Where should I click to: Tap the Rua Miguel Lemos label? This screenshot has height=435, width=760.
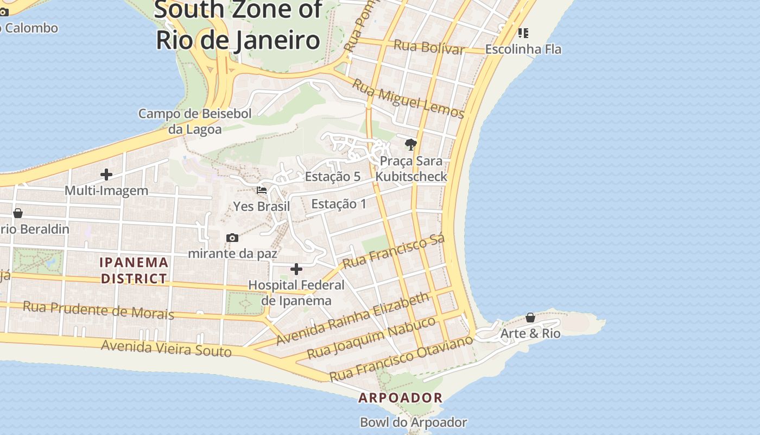pos(408,98)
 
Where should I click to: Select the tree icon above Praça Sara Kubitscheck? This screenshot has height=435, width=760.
pos(411,145)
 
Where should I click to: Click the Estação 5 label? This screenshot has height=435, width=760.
pos(333,176)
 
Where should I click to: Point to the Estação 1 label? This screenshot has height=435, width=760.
pos(339,204)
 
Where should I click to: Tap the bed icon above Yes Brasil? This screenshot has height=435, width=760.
pos(262,190)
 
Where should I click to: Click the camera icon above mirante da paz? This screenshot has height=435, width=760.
pos(232,238)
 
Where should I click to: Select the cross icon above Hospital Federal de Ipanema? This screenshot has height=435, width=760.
pos(296,269)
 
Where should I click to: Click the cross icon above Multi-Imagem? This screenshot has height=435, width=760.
pos(106,175)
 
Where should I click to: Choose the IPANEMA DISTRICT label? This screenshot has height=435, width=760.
pos(134,270)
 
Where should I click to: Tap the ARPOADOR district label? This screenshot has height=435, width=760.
pos(401,397)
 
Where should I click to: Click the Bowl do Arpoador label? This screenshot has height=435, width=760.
pos(413,422)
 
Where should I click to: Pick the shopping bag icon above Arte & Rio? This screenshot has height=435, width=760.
pos(530,318)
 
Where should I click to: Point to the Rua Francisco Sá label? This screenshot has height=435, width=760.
pos(394,251)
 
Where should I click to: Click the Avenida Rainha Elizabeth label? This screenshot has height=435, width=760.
pos(352,319)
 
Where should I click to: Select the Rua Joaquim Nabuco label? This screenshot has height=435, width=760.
pos(371,338)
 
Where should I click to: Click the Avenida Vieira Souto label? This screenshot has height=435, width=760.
pos(166,348)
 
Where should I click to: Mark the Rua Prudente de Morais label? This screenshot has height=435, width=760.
pos(98,310)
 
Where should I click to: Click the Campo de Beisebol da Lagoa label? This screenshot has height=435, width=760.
pos(195,121)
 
